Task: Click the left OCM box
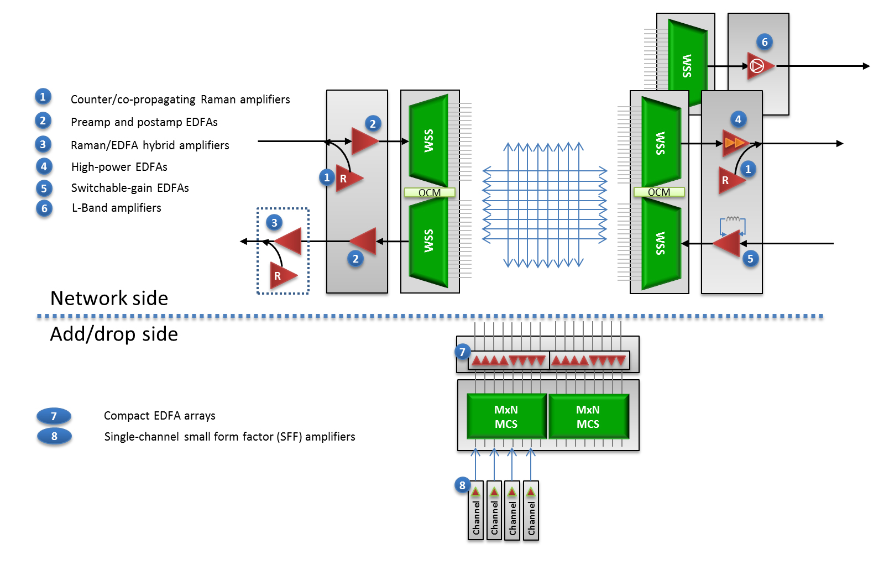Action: pos(430,192)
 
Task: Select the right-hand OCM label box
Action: pos(659,192)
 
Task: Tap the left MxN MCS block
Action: pos(506,417)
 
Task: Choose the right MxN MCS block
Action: pos(588,417)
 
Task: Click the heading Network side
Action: pos(109,299)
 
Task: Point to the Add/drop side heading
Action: pos(114,334)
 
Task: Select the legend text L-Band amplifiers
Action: pos(117,208)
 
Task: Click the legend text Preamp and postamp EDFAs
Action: pos(144,122)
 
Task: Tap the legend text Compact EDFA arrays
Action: pos(160,416)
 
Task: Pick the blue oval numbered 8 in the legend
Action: pos(54,436)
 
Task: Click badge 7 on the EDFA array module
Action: pos(463,352)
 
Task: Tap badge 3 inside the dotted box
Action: pos(274,223)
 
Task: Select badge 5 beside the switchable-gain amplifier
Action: pos(750,258)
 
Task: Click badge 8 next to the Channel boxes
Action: pos(463,485)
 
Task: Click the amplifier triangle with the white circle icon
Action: pos(759,66)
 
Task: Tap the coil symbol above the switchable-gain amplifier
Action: pos(733,219)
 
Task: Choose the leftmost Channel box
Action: pos(475,511)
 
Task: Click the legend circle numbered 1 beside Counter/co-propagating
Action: pos(43,97)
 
